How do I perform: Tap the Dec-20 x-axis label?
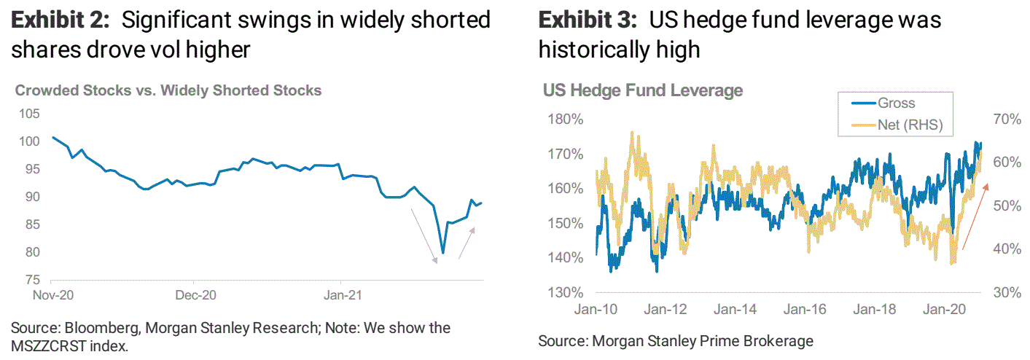[x=195, y=297]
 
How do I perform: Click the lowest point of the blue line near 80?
[x=443, y=253]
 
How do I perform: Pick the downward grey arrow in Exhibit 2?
[x=424, y=235]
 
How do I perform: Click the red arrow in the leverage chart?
[x=975, y=217]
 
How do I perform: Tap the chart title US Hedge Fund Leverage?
[x=643, y=90]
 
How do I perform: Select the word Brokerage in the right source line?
[x=780, y=340]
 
